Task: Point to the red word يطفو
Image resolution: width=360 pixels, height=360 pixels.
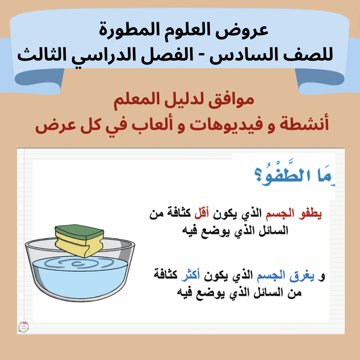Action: click(x=310, y=214)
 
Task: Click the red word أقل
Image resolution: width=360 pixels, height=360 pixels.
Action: click(x=201, y=213)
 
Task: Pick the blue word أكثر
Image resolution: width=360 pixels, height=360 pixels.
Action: click(x=191, y=275)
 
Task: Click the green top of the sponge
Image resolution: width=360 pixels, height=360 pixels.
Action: click(x=79, y=232)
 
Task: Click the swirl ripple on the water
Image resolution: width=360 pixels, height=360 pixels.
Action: click(x=79, y=263)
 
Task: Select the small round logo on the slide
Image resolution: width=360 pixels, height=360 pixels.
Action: click(x=24, y=327)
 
